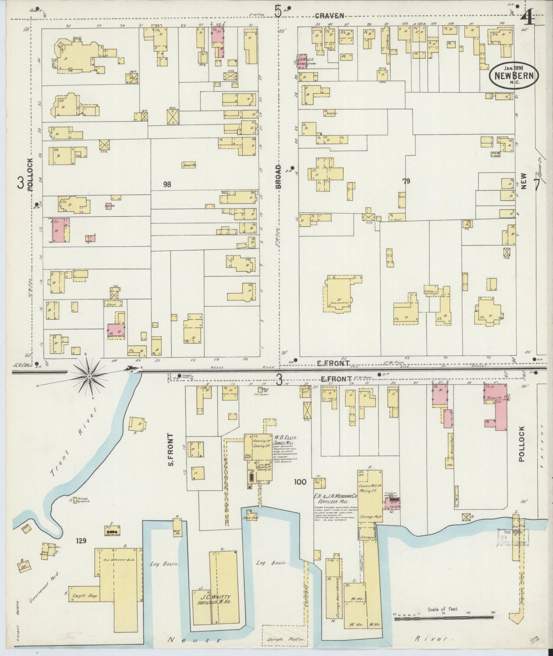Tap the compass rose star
click(89, 376)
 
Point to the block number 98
click(167, 184)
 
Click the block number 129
click(81, 541)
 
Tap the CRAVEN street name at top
click(329, 15)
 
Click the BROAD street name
click(278, 176)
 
